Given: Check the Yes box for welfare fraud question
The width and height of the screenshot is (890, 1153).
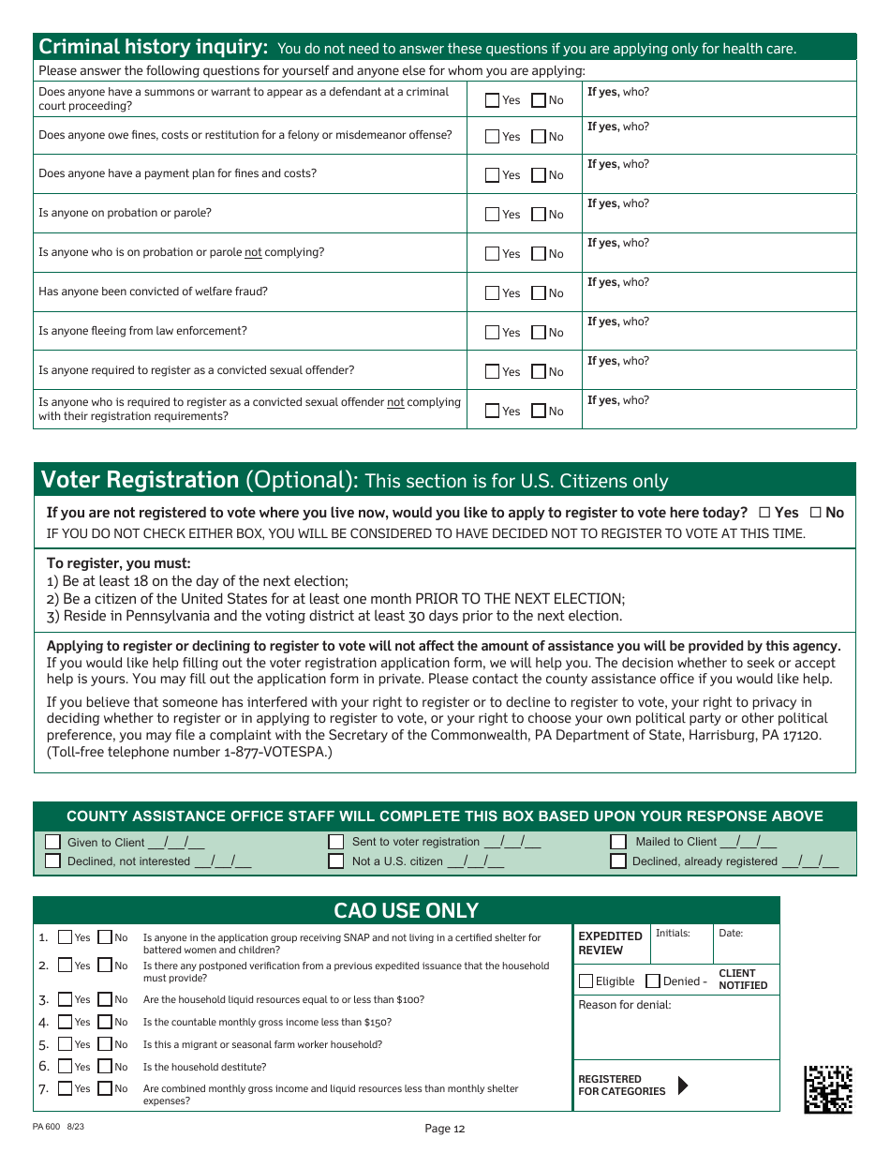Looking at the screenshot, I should [x=493, y=292].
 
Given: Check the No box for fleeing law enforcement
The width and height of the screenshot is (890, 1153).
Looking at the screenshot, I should [x=539, y=332].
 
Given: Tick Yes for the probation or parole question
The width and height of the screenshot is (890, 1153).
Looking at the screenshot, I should [x=493, y=214].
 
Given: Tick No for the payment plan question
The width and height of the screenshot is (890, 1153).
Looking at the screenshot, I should [x=539, y=174].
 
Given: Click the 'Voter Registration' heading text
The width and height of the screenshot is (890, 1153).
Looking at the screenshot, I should [x=141, y=480].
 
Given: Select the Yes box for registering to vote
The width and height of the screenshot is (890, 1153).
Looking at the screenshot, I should [x=764, y=513].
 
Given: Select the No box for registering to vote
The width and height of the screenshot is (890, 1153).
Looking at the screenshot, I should [x=815, y=513].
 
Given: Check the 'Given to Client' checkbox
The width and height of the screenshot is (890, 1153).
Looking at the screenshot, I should [x=53, y=842].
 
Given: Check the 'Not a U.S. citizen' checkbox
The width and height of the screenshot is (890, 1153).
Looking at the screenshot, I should [x=336, y=861].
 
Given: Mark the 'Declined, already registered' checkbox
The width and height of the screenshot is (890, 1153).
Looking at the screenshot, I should [x=618, y=861].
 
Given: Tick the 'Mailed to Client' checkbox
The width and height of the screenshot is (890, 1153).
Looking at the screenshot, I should [x=618, y=842].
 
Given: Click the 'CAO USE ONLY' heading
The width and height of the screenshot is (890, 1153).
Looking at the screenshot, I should [x=406, y=910].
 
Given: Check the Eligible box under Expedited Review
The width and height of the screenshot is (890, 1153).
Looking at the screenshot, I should [x=586, y=981].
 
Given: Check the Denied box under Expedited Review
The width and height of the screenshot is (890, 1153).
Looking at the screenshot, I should [x=653, y=981].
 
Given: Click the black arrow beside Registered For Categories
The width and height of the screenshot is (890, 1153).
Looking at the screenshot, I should [x=683, y=1086].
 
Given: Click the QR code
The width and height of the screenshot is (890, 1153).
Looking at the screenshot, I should [x=828, y=1088].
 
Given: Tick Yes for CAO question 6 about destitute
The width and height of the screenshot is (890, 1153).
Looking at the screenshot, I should [x=65, y=1066].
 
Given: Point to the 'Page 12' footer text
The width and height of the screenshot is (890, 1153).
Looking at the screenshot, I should [x=444, y=1129].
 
